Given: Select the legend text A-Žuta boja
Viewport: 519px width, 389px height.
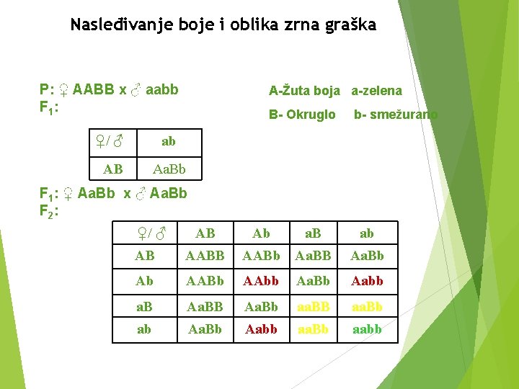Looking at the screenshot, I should click(x=304, y=91).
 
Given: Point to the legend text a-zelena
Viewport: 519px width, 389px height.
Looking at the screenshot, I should click(x=377, y=91).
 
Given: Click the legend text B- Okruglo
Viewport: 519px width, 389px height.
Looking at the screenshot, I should click(x=302, y=115).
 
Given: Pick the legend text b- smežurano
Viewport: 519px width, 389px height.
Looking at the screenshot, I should click(x=395, y=115).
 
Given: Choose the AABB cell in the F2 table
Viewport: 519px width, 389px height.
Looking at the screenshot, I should click(x=205, y=256).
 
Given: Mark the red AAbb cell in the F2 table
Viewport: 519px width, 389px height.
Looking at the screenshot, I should click(x=261, y=281).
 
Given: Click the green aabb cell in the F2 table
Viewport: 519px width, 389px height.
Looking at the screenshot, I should click(x=367, y=329).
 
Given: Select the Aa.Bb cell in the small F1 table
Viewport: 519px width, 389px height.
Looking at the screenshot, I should click(x=169, y=169).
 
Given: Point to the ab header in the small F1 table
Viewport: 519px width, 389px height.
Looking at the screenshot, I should click(x=169, y=141).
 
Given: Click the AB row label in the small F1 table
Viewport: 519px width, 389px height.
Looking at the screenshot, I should click(x=113, y=169).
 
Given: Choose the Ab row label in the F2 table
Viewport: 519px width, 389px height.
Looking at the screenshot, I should click(x=145, y=281).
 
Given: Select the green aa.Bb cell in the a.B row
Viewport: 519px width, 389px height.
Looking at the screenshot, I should click(x=367, y=305).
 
